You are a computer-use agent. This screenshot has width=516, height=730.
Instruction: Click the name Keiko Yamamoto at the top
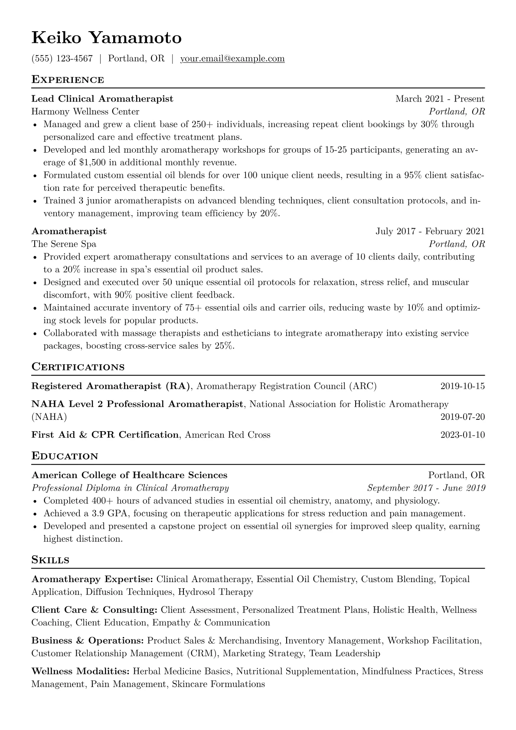(106, 38)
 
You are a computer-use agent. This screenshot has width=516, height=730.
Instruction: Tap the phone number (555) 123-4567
(62, 59)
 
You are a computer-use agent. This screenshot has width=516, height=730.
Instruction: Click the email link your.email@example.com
(232, 59)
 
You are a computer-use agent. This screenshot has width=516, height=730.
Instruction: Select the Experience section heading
(68, 80)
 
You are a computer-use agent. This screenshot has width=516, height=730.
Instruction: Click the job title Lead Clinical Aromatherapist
(102, 99)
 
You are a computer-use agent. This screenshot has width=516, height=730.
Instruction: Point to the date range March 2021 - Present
(440, 99)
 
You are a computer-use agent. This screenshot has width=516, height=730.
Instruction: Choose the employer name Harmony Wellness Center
(85, 111)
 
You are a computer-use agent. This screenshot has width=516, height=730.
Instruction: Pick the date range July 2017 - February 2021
(430, 231)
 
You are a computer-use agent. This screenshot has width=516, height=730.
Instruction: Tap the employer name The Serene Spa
(64, 244)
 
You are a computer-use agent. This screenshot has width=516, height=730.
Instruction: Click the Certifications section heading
(78, 367)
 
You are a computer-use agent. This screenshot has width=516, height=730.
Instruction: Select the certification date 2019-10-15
(462, 386)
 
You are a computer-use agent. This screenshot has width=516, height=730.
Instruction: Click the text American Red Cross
(228, 435)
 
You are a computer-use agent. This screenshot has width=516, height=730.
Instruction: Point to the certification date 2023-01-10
(462, 435)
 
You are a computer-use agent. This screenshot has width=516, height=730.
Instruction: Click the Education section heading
(65, 456)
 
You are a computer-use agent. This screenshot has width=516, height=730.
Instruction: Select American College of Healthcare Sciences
(129, 475)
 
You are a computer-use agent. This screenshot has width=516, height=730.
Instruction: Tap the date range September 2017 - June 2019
(426, 488)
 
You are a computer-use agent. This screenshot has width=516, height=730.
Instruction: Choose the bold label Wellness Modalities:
(81, 671)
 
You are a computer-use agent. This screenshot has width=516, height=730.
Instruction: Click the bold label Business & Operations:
(88, 641)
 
